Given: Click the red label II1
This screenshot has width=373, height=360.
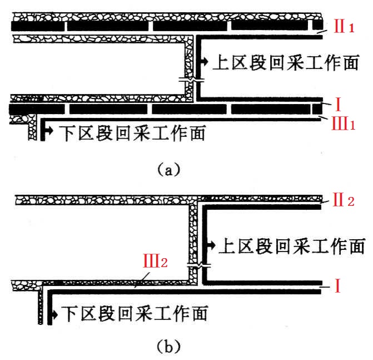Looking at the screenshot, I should click(x=343, y=27).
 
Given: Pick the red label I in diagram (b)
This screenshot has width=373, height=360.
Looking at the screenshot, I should click(x=337, y=287).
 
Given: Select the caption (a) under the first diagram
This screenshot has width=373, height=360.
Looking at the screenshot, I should click(x=168, y=168).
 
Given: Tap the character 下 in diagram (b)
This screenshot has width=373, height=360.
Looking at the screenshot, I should click(x=68, y=314).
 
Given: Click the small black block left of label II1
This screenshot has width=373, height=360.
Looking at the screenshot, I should click(x=317, y=26).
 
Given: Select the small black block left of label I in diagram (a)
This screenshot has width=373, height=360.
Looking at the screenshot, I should click(x=317, y=108).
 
